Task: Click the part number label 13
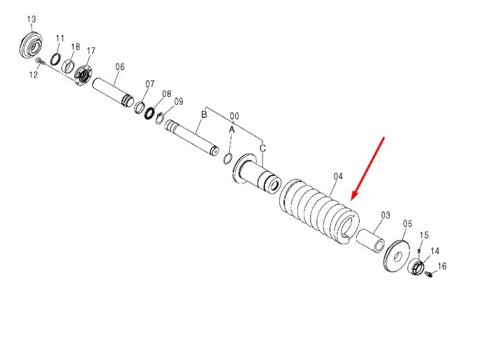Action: [x=32, y=19]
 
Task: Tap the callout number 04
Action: [x=338, y=176]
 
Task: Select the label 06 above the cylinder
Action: [x=120, y=67]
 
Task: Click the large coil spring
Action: [x=319, y=210]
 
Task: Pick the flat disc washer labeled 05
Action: [x=396, y=256]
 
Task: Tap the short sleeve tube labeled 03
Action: [x=370, y=237]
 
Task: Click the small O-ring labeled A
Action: [x=228, y=158]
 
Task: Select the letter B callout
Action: [x=204, y=114]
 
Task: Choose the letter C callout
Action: [x=263, y=148]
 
